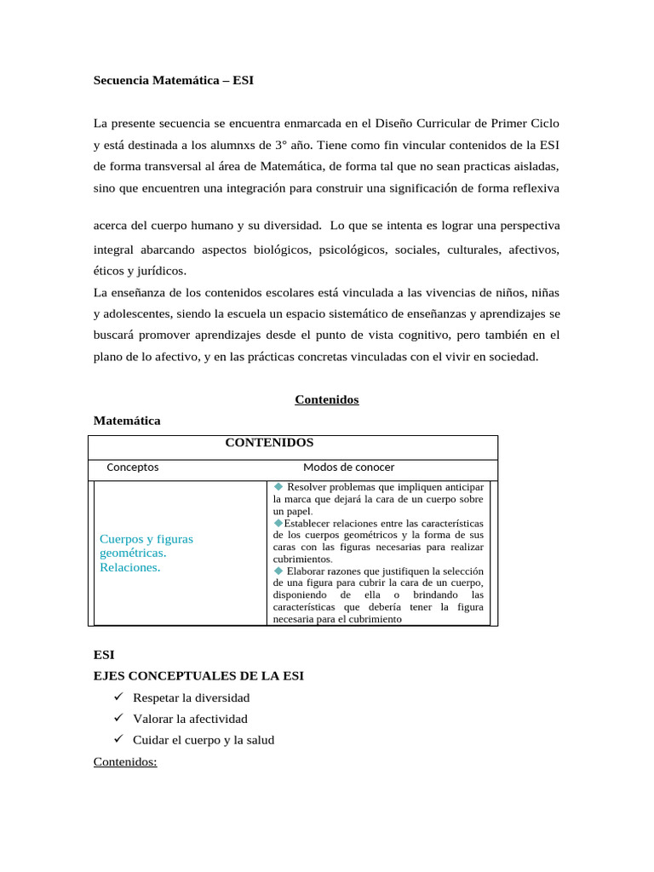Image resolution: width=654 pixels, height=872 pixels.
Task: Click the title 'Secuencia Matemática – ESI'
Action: (x=173, y=81)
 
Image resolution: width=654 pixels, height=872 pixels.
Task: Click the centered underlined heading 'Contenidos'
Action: (x=326, y=399)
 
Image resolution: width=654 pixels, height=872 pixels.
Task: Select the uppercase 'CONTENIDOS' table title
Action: (x=268, y=443)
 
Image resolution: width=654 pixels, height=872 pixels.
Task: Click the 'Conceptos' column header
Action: (x=132, y=467)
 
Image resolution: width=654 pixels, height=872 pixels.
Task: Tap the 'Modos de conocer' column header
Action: (x=348, y=467)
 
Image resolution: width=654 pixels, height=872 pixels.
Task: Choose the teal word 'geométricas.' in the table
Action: (x=133, y=553)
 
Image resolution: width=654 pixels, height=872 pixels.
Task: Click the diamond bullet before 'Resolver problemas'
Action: (x=278, y=486)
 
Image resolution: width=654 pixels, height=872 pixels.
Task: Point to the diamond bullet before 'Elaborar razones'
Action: (x=278, y=571)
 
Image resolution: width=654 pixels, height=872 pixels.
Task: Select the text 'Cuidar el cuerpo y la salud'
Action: (x=204, y=740)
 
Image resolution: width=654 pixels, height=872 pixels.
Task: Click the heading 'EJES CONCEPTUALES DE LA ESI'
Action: (x=198, y=675)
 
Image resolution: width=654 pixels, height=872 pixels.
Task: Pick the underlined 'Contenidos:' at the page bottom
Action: (x=125, y=761)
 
